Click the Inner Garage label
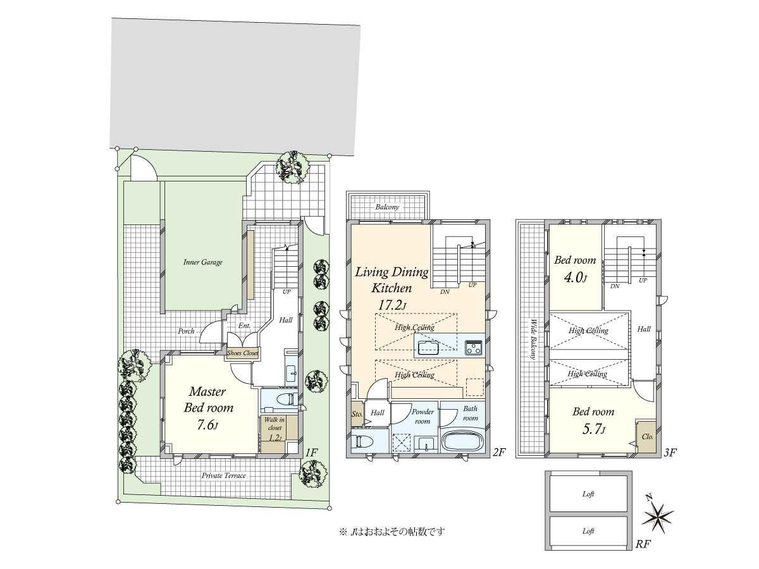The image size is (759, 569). click(x=202, y=262)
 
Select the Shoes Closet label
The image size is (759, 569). click(x=242, y=353)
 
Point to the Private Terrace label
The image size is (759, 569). click(x=223, y=475)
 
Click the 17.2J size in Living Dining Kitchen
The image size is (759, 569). click(x=392, y=305)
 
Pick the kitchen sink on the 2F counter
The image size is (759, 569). click(x=428, y=347)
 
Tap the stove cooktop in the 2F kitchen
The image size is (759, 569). click(x=473, y=347)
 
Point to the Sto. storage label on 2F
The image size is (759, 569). click(x=357, y=413)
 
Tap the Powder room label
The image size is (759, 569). click(x=423, y=416)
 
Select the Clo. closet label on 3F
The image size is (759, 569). click(x=647, y=437)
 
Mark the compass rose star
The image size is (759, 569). click(x=657, y=519)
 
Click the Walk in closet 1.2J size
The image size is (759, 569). click(x=275, y=437)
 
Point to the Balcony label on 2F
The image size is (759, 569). click(x=387, y=207)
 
